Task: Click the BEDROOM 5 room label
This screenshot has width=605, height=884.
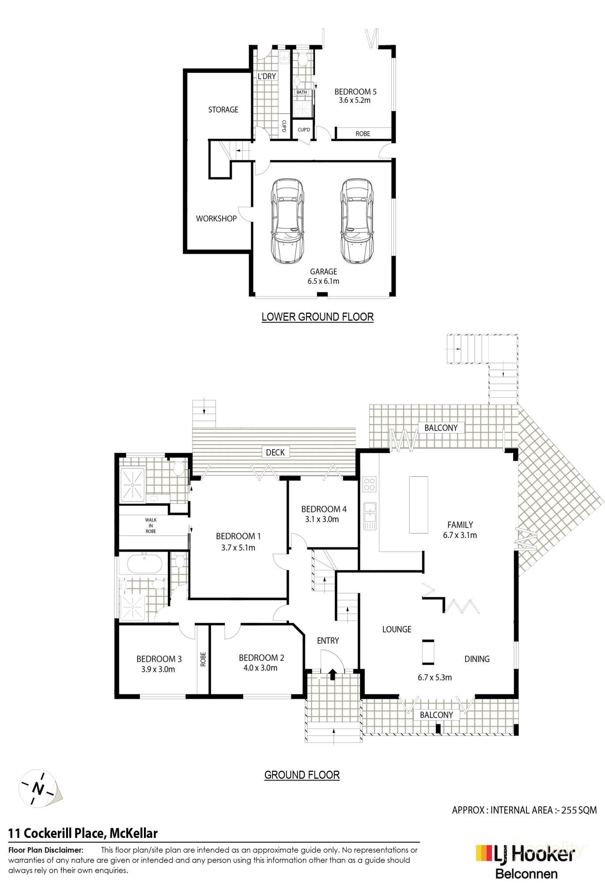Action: point(355,92)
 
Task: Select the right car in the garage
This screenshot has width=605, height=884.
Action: point(356,221)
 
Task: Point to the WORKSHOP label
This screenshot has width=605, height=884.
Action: point(216,218)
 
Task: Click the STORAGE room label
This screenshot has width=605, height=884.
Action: point(223,110)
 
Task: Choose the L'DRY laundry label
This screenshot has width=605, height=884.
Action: point(267,76)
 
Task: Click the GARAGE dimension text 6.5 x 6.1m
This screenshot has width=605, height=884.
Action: point(323,281)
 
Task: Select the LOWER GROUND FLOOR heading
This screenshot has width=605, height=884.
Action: point(318,317)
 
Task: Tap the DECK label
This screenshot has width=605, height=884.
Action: point(275,452)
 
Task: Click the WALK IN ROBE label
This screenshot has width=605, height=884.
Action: point(151,526)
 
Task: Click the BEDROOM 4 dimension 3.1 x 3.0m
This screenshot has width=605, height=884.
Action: point(322,519)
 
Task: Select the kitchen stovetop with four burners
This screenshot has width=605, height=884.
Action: point(369,484)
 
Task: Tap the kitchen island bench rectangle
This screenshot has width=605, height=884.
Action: point(419,505)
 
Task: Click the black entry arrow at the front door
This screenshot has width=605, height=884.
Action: point(333,674)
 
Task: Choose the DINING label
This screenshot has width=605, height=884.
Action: point(477,659)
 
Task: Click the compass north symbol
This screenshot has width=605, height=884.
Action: point(39,789)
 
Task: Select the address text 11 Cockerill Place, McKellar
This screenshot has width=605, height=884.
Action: point(83,834)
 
